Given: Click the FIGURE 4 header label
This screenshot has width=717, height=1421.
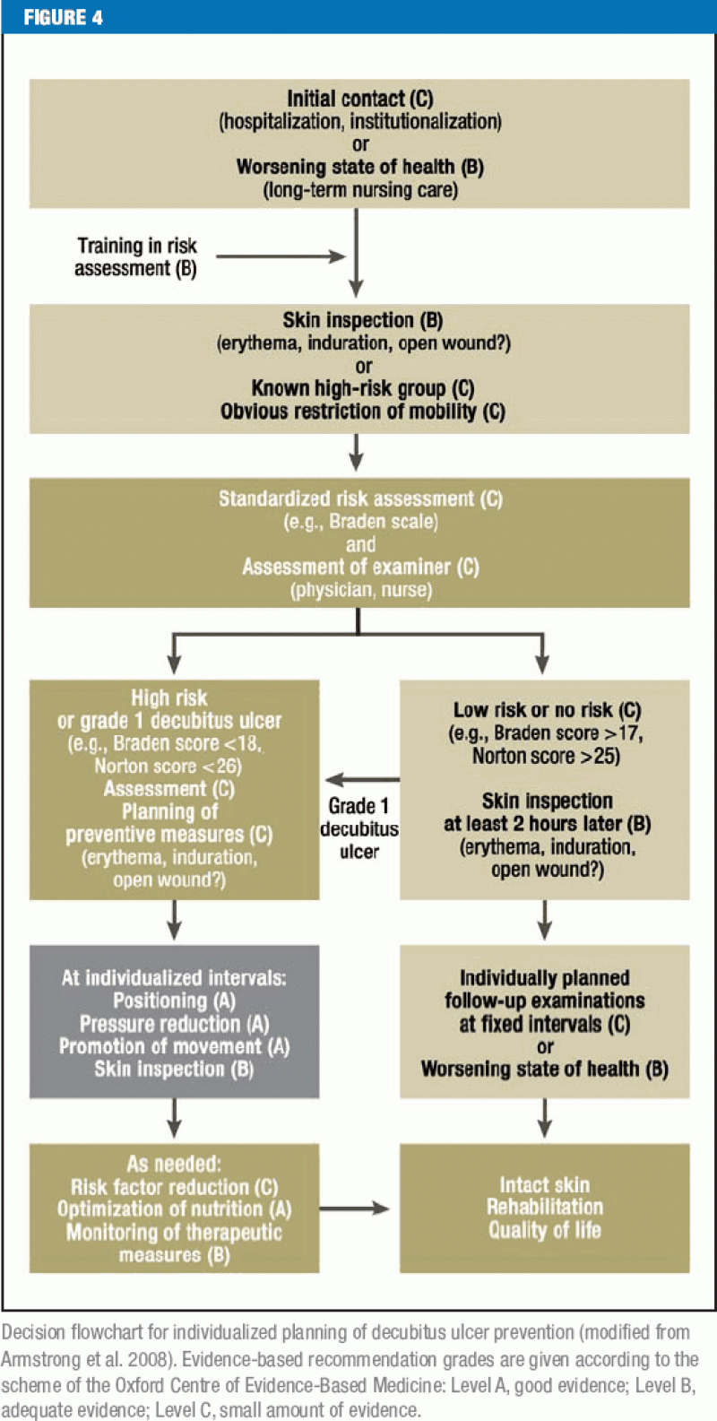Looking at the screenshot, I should click(64, 17).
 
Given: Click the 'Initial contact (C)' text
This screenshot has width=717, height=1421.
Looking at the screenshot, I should click(360, 99).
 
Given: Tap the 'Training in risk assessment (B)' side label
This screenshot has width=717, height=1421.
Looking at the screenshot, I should click(136, 256).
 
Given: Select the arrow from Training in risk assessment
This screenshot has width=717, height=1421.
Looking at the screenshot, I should click(281, 256).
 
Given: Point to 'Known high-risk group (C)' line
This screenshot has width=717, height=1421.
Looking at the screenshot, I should click(362, 388).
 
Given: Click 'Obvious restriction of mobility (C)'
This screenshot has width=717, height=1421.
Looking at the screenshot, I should click(362, 412).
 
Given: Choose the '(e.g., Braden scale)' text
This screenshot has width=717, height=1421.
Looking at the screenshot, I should click(360, 522).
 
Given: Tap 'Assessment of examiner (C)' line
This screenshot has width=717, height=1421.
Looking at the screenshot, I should click(360, 567).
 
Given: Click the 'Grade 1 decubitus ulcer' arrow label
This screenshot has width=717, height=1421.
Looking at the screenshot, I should click(358, 828).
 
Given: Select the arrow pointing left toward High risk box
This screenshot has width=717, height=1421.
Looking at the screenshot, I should click(362, 779).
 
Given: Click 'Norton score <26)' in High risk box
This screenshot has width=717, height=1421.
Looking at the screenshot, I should click(168, 767).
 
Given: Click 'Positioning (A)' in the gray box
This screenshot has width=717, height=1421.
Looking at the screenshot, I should click(174, 1001).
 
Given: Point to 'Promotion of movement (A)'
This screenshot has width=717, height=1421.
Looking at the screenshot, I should click(174, 1046).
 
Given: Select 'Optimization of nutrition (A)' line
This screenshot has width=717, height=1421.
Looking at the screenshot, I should click(174, 1209).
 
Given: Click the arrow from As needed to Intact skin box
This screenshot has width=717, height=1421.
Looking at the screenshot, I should click(355, 1209).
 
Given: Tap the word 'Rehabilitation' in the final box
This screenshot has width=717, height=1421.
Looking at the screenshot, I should click(545, 1207).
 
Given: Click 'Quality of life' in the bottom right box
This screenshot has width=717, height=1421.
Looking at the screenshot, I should click(545, 1230).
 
